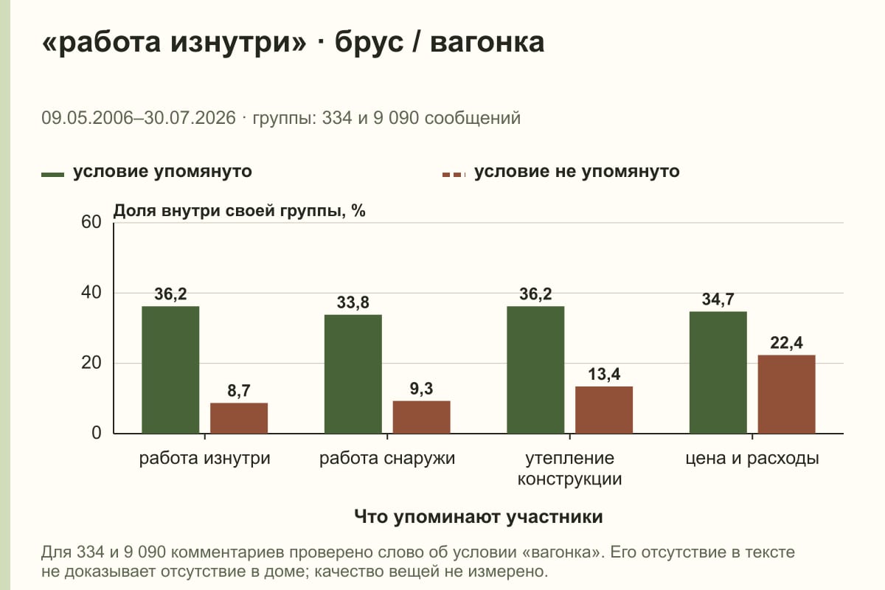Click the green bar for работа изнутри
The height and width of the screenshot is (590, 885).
tap(170, 370)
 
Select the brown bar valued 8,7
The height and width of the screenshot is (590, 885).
tap(239, 418)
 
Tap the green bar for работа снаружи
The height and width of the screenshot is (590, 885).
tap(353, 374)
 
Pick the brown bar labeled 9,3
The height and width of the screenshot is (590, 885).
tap(421, 417)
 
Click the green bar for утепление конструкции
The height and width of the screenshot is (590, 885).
tap(535, 370)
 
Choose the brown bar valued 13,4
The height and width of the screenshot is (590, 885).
tap(604, 410)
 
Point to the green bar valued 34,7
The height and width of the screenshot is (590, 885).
tap(718, 372)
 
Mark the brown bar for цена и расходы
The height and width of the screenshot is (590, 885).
tap(786, 394)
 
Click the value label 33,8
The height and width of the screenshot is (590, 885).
tap(353, 302)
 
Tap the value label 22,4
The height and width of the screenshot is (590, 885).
tap(786, 343)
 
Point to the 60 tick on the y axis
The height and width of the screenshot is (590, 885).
tap(91, 222)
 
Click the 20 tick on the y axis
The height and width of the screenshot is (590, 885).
tap(91, 363)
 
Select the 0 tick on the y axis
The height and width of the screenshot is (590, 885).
tap(97, 433)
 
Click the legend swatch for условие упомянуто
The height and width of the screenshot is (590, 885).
tap(52, 175)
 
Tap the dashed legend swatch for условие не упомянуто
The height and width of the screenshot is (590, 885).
tap(454, 175)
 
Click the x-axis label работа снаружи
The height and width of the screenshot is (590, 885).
tap(387, 459)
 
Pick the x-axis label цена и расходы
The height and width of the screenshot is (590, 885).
tap(752, 459)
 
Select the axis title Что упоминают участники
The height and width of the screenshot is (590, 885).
tap(479, 517)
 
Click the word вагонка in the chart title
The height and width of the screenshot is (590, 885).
tap(487, 43)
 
